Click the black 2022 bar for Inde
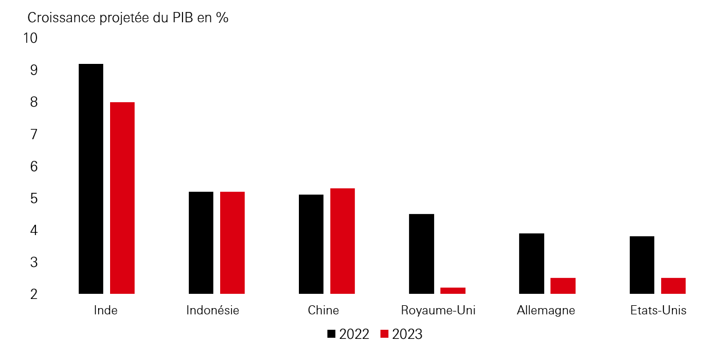coord(91,179)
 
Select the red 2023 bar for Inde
coord(122,198)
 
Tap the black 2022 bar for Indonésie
coord(201,242)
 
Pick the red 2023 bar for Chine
coord(342,241)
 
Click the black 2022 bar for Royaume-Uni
coord(422,254)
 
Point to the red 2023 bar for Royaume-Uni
coord(453,290)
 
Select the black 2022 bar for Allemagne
coord(532,264)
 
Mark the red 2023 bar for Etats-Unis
coord(673,286)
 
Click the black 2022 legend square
coord(331,334)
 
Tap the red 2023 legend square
coord(384,334)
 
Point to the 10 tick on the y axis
coord(30,38)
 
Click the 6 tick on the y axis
coord(34,167)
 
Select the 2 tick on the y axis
coord(34,294)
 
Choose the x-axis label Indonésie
coord(213,311)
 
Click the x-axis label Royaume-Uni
coord(438,311)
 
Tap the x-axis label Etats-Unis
coord(658,311)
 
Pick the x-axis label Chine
coord(323,311)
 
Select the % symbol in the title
coord(222,18)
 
